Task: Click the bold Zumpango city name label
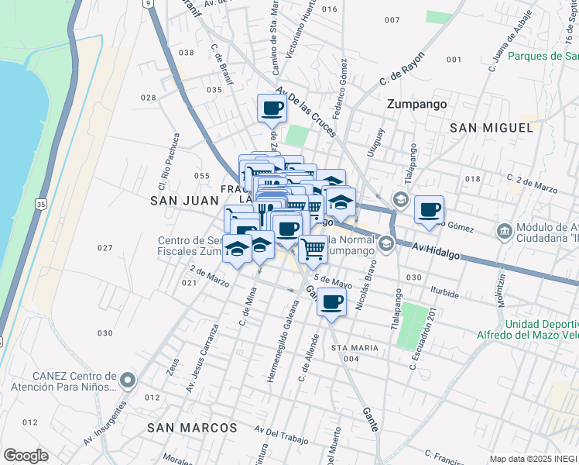[x=418, y=103]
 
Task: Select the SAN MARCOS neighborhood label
[x=192, y=428]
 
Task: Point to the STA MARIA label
[x=355, y=348]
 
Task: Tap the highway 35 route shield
[x=41, y=204]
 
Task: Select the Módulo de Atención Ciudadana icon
[x=505, y=231]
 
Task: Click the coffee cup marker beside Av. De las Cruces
[x=272, y=108]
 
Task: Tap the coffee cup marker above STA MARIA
[x=331, y=302]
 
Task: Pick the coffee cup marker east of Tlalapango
[x=429, y=209]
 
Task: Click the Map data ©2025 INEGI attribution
[x=533, y=459]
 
